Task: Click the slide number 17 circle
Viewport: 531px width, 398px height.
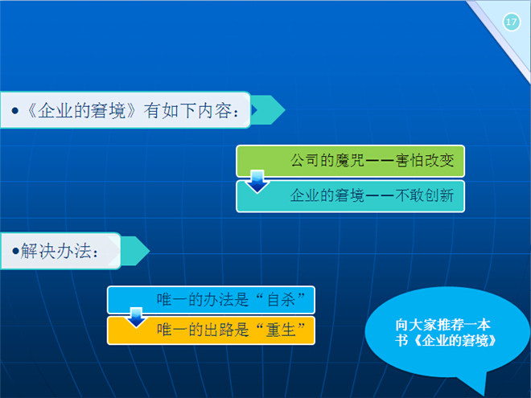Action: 512,23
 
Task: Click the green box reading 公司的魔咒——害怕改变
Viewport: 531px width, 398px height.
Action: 350,161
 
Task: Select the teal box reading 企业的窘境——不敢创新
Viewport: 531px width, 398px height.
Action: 350,196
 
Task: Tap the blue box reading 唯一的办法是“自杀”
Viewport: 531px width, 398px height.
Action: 211,300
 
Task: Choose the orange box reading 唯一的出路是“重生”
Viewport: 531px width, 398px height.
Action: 211,330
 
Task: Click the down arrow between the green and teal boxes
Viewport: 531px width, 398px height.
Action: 257,182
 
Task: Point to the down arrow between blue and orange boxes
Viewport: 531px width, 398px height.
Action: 136,317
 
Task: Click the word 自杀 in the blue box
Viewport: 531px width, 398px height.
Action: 282,300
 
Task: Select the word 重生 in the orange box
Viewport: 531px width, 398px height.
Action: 282,330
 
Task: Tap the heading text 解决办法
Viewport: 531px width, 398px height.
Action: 56,251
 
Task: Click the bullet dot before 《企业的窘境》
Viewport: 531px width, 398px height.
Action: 15,111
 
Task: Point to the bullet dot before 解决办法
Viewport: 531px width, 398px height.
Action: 15,251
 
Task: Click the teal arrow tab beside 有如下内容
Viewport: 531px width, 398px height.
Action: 268,110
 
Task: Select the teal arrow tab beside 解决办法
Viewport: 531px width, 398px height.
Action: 135,251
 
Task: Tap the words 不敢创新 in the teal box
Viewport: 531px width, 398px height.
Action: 424,195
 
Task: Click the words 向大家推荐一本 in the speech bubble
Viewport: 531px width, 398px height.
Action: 442,325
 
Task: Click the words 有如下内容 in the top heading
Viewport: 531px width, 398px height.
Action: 187,111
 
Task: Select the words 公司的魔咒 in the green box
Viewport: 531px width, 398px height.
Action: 327,161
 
